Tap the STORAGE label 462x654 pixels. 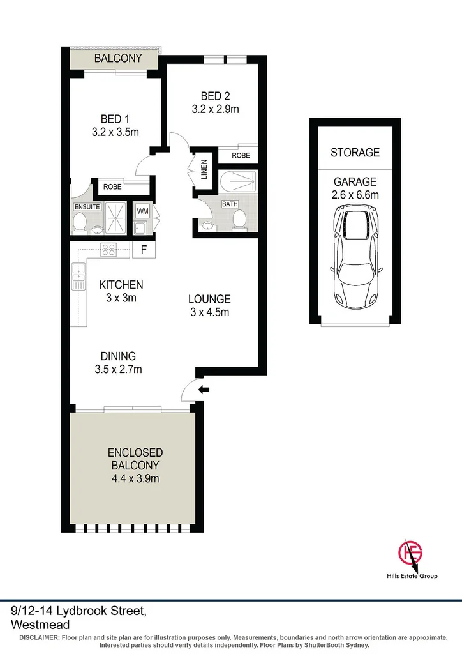pos(355,153)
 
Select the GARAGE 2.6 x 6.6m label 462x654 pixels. pos(355,188)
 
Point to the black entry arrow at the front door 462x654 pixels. pos(205,389)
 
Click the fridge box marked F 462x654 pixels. pos(144,250)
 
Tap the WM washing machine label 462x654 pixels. pos(141,211)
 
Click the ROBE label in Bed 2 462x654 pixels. pos(241,155)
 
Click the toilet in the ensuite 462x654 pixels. pos(80,223)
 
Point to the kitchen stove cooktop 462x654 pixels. pos(108,250)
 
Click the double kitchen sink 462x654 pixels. pos(78,273)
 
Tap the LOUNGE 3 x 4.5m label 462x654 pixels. pos(209,305)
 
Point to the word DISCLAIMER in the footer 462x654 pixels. pos(39,638)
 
